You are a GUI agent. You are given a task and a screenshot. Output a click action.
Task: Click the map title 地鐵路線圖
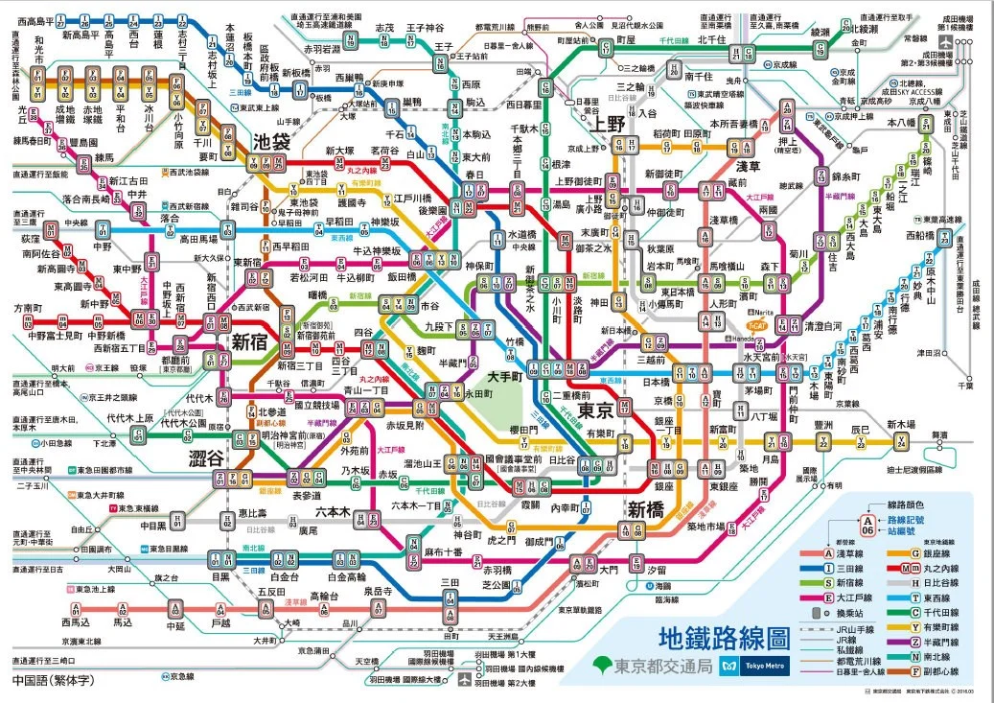724,637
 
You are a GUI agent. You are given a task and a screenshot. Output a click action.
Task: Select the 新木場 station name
901,424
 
